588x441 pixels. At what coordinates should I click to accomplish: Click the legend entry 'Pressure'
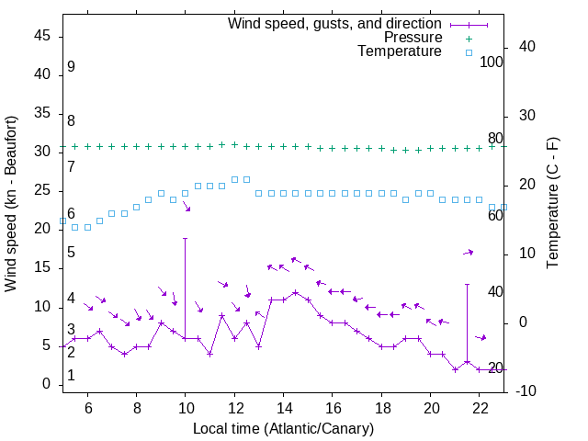click(413, 38)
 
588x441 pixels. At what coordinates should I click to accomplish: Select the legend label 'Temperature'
click(400, 51)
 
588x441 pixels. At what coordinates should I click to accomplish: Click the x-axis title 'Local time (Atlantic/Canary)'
click(283, 428)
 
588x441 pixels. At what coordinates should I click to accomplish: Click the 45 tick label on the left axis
click(43, 35)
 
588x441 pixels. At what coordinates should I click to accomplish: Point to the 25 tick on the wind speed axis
click(43, 190)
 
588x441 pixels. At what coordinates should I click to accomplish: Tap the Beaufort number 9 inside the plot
click(71, 67)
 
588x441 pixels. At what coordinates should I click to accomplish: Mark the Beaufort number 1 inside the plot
click(71, 376)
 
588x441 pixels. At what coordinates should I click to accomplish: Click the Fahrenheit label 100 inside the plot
click(492, 62)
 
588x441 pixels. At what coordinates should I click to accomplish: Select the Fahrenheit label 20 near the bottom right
click(495, 368)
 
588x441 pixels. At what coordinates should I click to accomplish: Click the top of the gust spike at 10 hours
click(186, 238)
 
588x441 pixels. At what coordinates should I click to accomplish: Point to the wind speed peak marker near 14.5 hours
click(295, 292)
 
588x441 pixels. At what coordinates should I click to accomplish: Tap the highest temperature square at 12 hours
click(234, 179)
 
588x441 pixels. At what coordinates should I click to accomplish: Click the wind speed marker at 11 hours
click(209, 354)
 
